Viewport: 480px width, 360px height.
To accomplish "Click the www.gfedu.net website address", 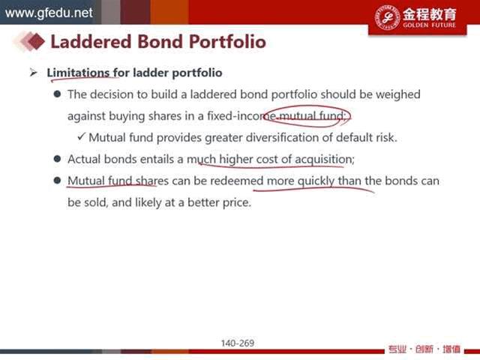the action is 49,13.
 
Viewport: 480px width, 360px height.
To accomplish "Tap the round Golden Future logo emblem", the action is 387,17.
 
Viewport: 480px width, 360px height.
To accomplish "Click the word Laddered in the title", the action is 91,42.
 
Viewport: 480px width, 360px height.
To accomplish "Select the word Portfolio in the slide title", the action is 227,42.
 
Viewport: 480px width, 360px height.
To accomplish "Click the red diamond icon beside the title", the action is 36,41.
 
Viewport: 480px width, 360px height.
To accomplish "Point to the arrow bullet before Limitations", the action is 34,73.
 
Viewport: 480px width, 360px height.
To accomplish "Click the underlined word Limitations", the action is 78,73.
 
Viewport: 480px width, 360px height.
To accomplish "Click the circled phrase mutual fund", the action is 312,115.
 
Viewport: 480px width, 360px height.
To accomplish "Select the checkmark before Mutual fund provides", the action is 82,136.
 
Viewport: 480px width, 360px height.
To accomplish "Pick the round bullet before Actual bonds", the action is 57,158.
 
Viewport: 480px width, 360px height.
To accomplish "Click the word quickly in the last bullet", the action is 316,181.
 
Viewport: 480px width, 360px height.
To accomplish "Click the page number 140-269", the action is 238,343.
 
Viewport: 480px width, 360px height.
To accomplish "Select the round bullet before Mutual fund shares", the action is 57,180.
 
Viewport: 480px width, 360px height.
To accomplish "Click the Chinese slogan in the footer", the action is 424,349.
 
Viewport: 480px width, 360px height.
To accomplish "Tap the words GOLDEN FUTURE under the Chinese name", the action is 429,25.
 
